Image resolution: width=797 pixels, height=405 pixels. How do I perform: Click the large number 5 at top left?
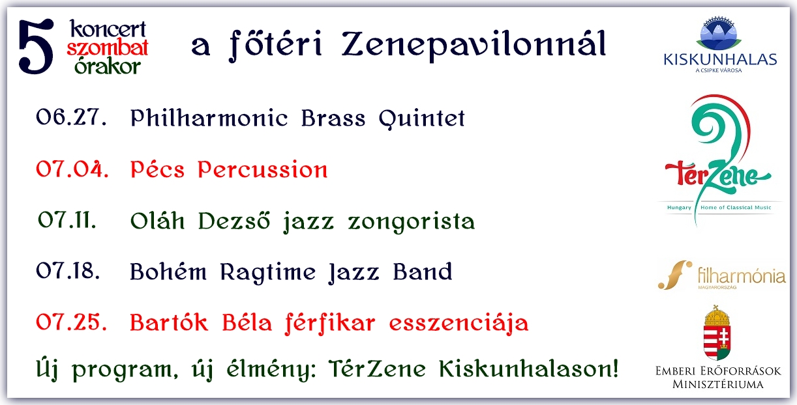tap(36, 46)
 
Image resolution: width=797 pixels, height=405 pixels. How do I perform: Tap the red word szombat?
tap(108, 48)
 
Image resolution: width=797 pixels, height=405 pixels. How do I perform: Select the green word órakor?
tap(108, 66)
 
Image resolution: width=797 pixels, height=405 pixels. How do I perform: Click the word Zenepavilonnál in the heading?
tap(474, 45)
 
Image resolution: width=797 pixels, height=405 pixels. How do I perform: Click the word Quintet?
tap(421, 119)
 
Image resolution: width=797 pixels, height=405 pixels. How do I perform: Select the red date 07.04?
tap(72, 169)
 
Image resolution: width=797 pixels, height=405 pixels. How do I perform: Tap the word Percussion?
tap(263, 169)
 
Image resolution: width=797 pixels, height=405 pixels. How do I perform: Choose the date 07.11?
tap(67, 220)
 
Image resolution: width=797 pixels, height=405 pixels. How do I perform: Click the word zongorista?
tap(412, 222)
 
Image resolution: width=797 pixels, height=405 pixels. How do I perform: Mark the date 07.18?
tap(68, 271)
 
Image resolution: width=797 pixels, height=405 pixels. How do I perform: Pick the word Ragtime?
tap(268, 273)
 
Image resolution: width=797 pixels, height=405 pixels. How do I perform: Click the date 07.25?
tap(71, 322)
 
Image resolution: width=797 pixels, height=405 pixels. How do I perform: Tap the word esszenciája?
tap(459, 324)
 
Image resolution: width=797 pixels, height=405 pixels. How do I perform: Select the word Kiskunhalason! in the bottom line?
tap(529, 369)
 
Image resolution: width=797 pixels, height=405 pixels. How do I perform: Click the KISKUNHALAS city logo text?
tap(720, 60)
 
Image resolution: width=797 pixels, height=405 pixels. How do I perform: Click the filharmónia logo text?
tap(742, 275)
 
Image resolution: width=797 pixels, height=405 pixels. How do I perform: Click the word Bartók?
tap(169, 322)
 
